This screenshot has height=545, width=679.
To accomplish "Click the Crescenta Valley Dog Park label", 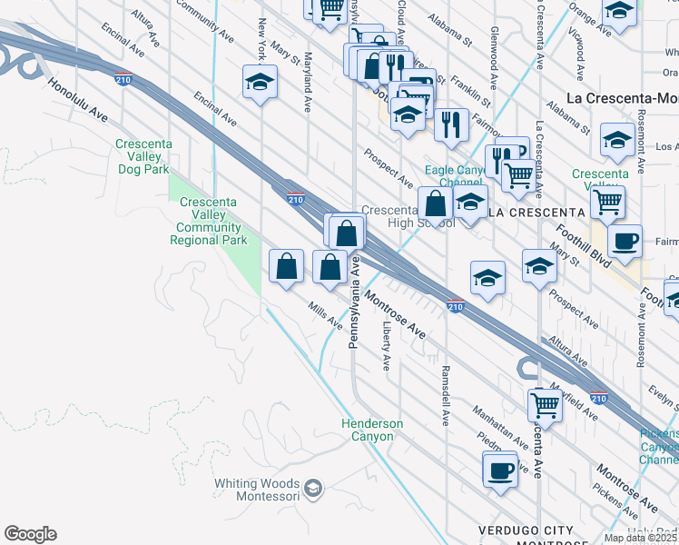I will (x=143, y=157).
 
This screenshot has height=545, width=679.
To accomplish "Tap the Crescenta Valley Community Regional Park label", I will (x=208, y=221).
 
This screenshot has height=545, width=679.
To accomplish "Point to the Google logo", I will (x=30, y=534).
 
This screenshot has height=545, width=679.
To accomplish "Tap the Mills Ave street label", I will (x=325, y=315).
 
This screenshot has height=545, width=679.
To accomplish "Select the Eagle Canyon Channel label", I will (x=457, y=176).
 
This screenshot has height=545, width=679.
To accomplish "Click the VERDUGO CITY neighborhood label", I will (x=526, y=530).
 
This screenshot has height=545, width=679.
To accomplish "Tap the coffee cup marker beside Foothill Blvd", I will (x=625, y=241).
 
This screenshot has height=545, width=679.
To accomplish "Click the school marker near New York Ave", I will (x=260, y=83).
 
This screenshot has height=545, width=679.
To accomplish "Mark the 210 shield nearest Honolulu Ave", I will (x=123, y=79).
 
